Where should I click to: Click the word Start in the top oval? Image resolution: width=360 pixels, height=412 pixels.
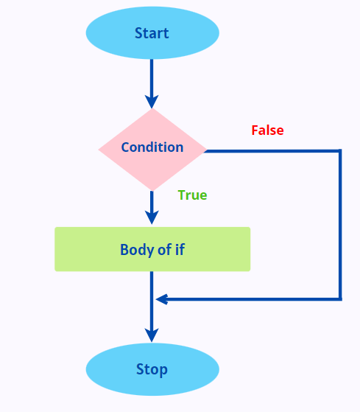(x=152, y=33)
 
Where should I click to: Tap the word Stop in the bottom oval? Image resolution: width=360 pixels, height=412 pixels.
(x=152, y=369)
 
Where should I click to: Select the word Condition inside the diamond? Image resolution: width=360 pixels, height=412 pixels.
(x=152, y=147)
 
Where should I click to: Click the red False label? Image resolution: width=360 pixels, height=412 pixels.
(x=267, y=130)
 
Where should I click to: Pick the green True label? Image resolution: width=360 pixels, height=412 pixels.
(x=192, y=195)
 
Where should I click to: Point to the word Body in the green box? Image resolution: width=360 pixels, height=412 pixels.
(x=136, y=249)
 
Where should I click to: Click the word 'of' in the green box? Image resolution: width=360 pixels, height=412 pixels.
(x=163, y=249)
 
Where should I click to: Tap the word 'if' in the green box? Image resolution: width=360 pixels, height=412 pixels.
(x=180, y=249)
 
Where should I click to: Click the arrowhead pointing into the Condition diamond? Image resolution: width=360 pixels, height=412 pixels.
(x=152, y=101)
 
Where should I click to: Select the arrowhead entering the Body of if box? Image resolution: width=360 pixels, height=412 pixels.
(x=152, y=217)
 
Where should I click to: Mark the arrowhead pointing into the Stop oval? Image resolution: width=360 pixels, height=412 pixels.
(x=152, y=335)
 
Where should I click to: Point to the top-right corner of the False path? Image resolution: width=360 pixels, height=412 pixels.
(x=340, y=151)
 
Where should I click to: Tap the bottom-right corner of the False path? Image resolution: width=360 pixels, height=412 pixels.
(x=340, y=298)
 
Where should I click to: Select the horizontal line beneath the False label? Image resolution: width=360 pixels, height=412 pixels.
(x=272, y=151)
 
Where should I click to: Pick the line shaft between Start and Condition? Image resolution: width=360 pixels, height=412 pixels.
(x=152, y=77)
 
